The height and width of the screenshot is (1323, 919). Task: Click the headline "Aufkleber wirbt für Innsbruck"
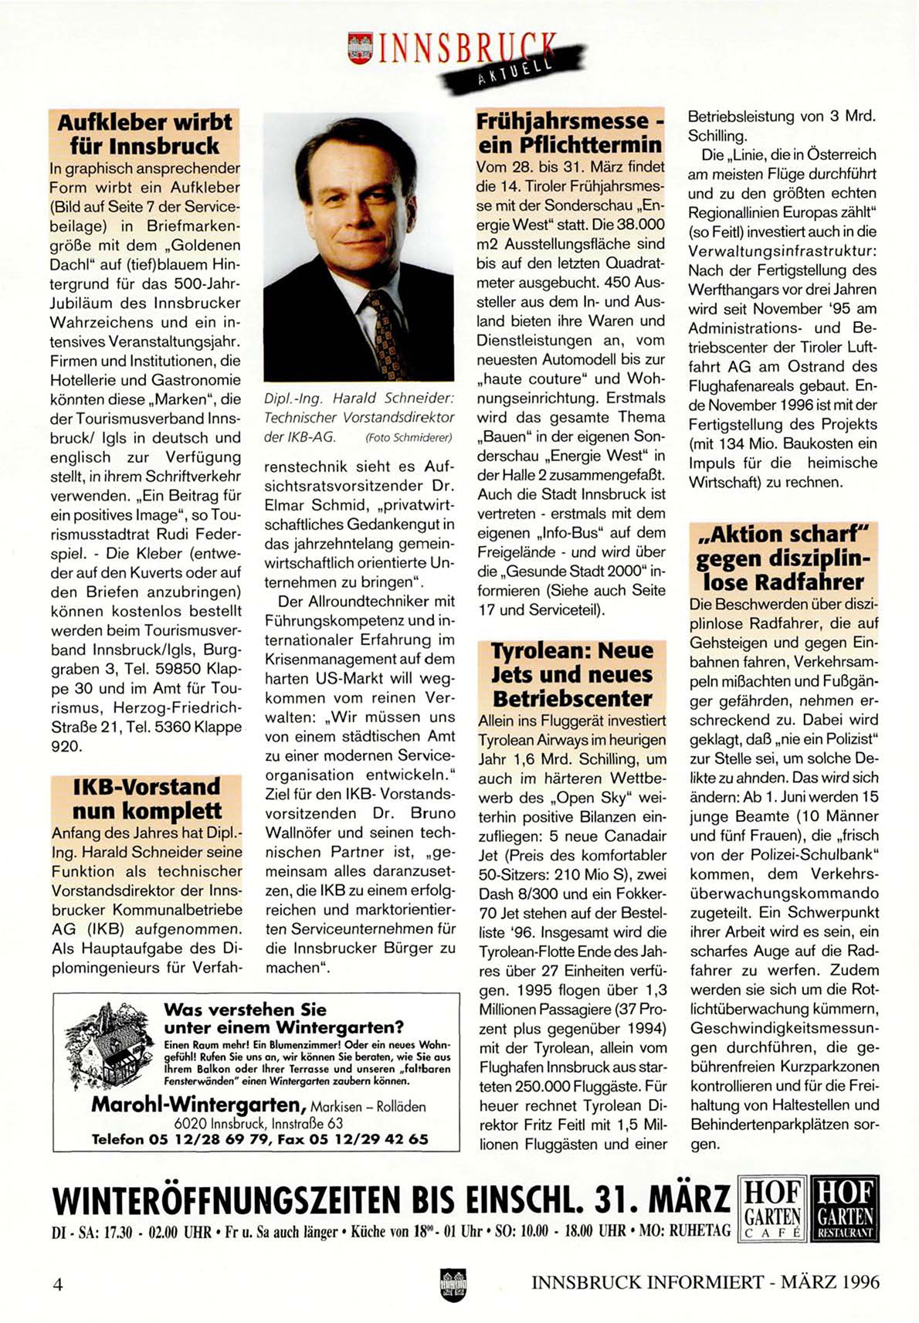pos(144,134)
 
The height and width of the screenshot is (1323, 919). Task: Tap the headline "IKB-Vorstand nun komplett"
pos(146,799)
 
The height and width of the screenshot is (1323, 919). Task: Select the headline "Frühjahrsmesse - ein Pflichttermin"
pos(570,132)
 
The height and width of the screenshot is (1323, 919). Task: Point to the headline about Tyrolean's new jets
pos(571,674)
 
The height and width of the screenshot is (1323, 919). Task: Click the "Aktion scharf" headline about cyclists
pos(783,558)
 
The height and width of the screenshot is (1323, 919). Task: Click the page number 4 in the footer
pos(57,1284)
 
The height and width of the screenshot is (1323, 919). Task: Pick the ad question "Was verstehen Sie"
pos(245,1009)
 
